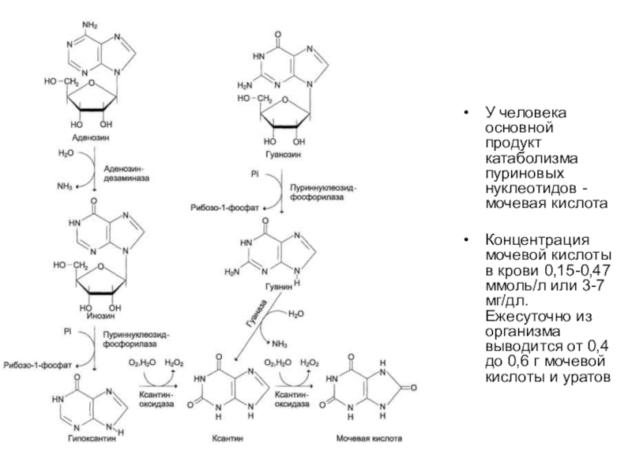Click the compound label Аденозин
pyautogui.click(x=90, y=137)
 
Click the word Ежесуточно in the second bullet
pyautogui.click(x=522, y=316)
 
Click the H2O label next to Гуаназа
pyautogui.click(x=294, y=314)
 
